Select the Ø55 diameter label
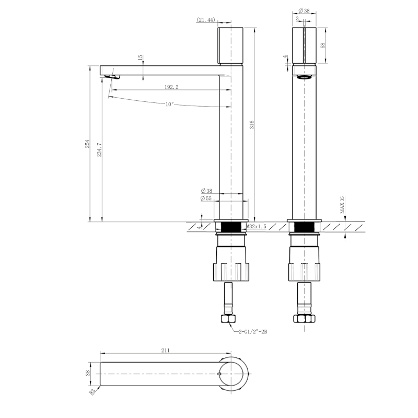click(x=205, y=199)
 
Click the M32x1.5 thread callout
click(x=257, y=227)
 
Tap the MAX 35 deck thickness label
click(x=342, y=205)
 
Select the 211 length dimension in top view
click(x=166, y=352)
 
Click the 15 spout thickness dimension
click(x=141, y=57)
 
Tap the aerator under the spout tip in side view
click(x=112, y=77)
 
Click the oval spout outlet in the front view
click(x=304, y=77)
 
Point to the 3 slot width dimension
click(x=297, y=18)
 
